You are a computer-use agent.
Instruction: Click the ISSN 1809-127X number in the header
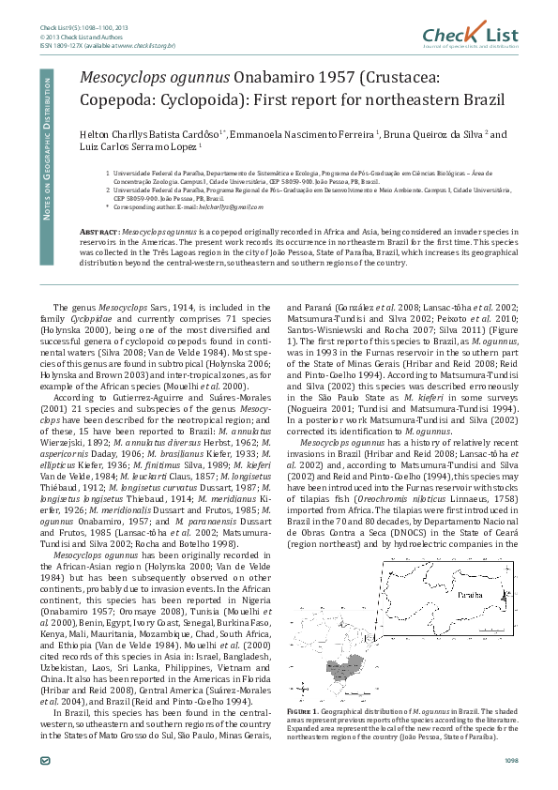coord(68,44)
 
